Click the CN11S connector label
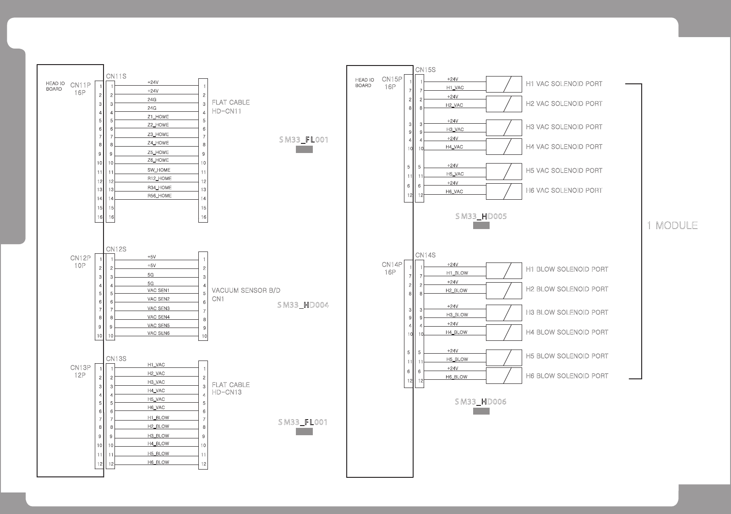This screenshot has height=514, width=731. (116, 77)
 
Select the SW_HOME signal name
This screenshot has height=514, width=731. (158, 170)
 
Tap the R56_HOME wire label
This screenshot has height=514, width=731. (159, 196)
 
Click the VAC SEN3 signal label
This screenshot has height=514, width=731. (158, 308)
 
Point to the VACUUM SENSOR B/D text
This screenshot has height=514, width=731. (246, 290)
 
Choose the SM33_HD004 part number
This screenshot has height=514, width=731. (303, 305)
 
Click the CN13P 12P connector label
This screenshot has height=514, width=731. (80, 371)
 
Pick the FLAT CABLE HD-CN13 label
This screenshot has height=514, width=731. (230, 388)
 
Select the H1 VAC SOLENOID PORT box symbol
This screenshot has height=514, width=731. (504, 84)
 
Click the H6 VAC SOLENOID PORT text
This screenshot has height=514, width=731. (564, 191)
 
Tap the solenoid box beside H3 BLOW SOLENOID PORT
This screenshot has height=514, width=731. (504, 313)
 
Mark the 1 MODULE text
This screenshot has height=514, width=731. (672, 225)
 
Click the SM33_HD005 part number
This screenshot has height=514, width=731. (481, 216)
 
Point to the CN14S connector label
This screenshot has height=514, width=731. (425, 255)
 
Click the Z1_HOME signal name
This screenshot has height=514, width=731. (158, 117)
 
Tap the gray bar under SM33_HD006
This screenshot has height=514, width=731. (481, 411)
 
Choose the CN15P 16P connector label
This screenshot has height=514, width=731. (392, 83)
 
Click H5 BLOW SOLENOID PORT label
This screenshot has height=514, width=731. (567, 356)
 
